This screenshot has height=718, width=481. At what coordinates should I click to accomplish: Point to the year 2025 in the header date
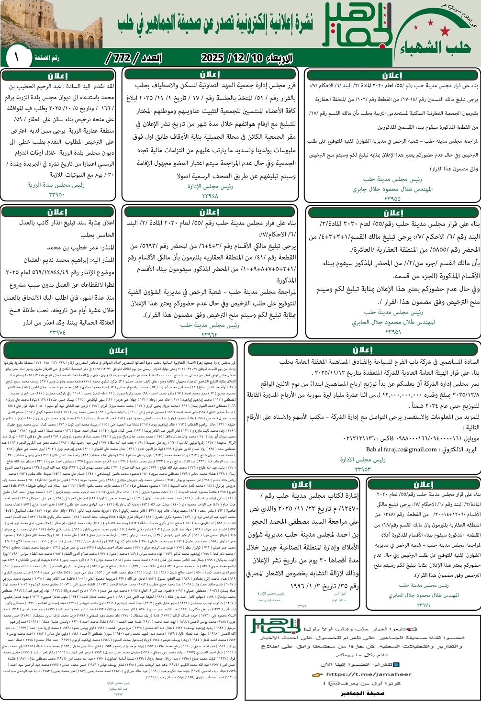point(213,58)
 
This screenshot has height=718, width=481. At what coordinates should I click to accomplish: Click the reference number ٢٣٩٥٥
point(392,199)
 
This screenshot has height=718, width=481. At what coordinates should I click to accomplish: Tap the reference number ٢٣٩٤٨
point(210,195)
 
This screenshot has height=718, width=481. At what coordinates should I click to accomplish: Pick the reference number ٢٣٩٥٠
point(56,194)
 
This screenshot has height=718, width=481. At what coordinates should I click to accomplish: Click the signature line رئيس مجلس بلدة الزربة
point(56,185)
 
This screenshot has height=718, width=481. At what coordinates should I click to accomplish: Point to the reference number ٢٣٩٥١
point(393,332)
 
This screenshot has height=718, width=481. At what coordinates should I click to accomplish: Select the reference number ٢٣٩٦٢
point(210,335)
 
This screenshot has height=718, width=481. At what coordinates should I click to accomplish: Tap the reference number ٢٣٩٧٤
point(57,332)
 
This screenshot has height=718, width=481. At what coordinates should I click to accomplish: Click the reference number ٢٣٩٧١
point(424,605)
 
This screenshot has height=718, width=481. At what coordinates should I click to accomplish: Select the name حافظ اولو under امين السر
point(338,599)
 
